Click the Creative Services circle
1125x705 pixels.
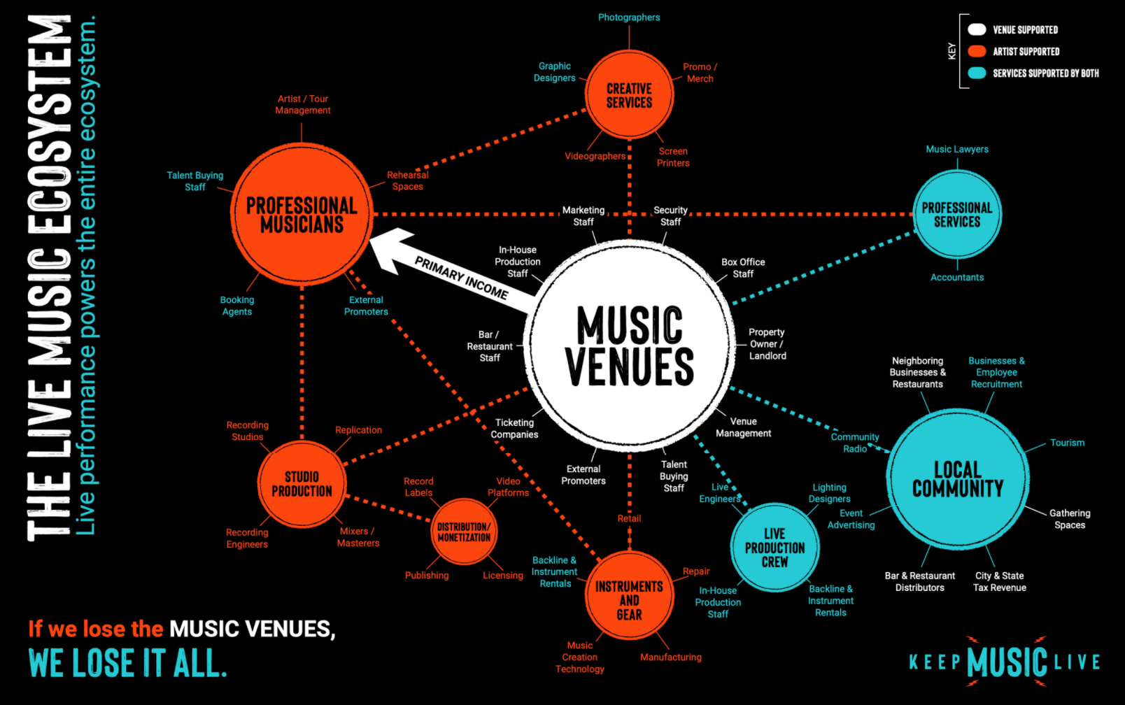point(629,95)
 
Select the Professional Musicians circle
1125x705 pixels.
point(302,215)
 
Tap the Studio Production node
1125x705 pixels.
point(302,484)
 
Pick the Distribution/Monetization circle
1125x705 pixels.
point(464,532)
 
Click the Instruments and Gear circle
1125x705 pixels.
point(629,597)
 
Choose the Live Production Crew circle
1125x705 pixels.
point(774,547)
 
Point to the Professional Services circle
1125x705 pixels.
point(957,215)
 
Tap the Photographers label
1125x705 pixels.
point(629,17)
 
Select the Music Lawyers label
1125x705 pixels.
point(957,149)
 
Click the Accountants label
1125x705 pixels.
point(957,278)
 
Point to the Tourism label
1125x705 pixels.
point(1067,443)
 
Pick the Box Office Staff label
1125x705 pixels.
point(743,268)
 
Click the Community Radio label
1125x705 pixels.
point(855,443)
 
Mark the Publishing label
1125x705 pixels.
point(427,576)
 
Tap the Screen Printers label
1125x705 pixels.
point(673,157)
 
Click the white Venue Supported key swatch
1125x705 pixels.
point(977,29)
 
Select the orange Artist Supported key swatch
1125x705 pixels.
point(977,51)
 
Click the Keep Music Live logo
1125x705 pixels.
point(1005,662)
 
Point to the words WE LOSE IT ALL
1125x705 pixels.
point(128,664)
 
